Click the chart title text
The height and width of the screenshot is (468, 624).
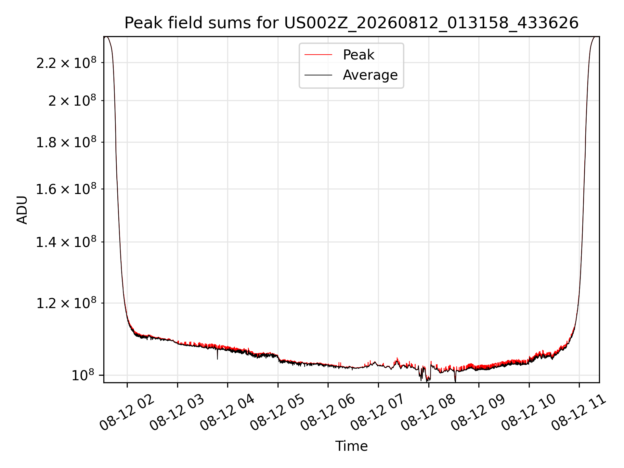coord(351,23)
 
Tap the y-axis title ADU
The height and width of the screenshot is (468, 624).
coord(22,210)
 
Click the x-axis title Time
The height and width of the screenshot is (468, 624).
coord(351,446)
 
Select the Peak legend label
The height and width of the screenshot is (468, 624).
coord(359,55)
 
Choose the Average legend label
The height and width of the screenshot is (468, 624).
coord(370,75)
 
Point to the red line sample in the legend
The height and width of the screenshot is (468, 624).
coord(318,55)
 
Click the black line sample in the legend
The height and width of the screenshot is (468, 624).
coord(318,75)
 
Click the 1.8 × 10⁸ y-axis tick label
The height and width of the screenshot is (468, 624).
coord(66,142)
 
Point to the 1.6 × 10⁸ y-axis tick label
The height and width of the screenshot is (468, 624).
coord(66,189)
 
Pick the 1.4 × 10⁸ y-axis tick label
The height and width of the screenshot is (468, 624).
coord(66,242)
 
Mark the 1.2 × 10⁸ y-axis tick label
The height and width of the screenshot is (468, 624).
coord(66,303)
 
